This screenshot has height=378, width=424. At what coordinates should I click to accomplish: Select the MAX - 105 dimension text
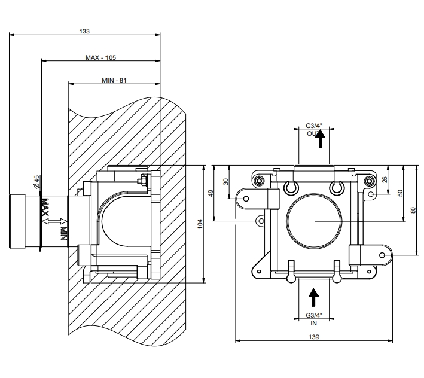pos(100,57)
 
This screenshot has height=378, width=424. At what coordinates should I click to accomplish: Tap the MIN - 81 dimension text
pos(113,80)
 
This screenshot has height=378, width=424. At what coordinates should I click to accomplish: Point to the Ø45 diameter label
pos(37,182)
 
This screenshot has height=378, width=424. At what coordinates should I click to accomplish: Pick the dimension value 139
pos(315,337)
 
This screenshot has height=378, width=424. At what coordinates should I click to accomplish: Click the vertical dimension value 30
pos(226,182)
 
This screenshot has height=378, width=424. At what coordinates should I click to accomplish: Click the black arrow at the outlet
pos(320,139)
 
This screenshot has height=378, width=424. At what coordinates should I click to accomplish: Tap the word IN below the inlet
pos(314,322)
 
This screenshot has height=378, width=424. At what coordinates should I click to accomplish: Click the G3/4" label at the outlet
pos(314,126)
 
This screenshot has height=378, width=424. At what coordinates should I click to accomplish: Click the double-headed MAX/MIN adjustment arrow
pos(53,222)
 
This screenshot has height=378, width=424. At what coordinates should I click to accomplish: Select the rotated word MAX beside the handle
pos(45,208)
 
